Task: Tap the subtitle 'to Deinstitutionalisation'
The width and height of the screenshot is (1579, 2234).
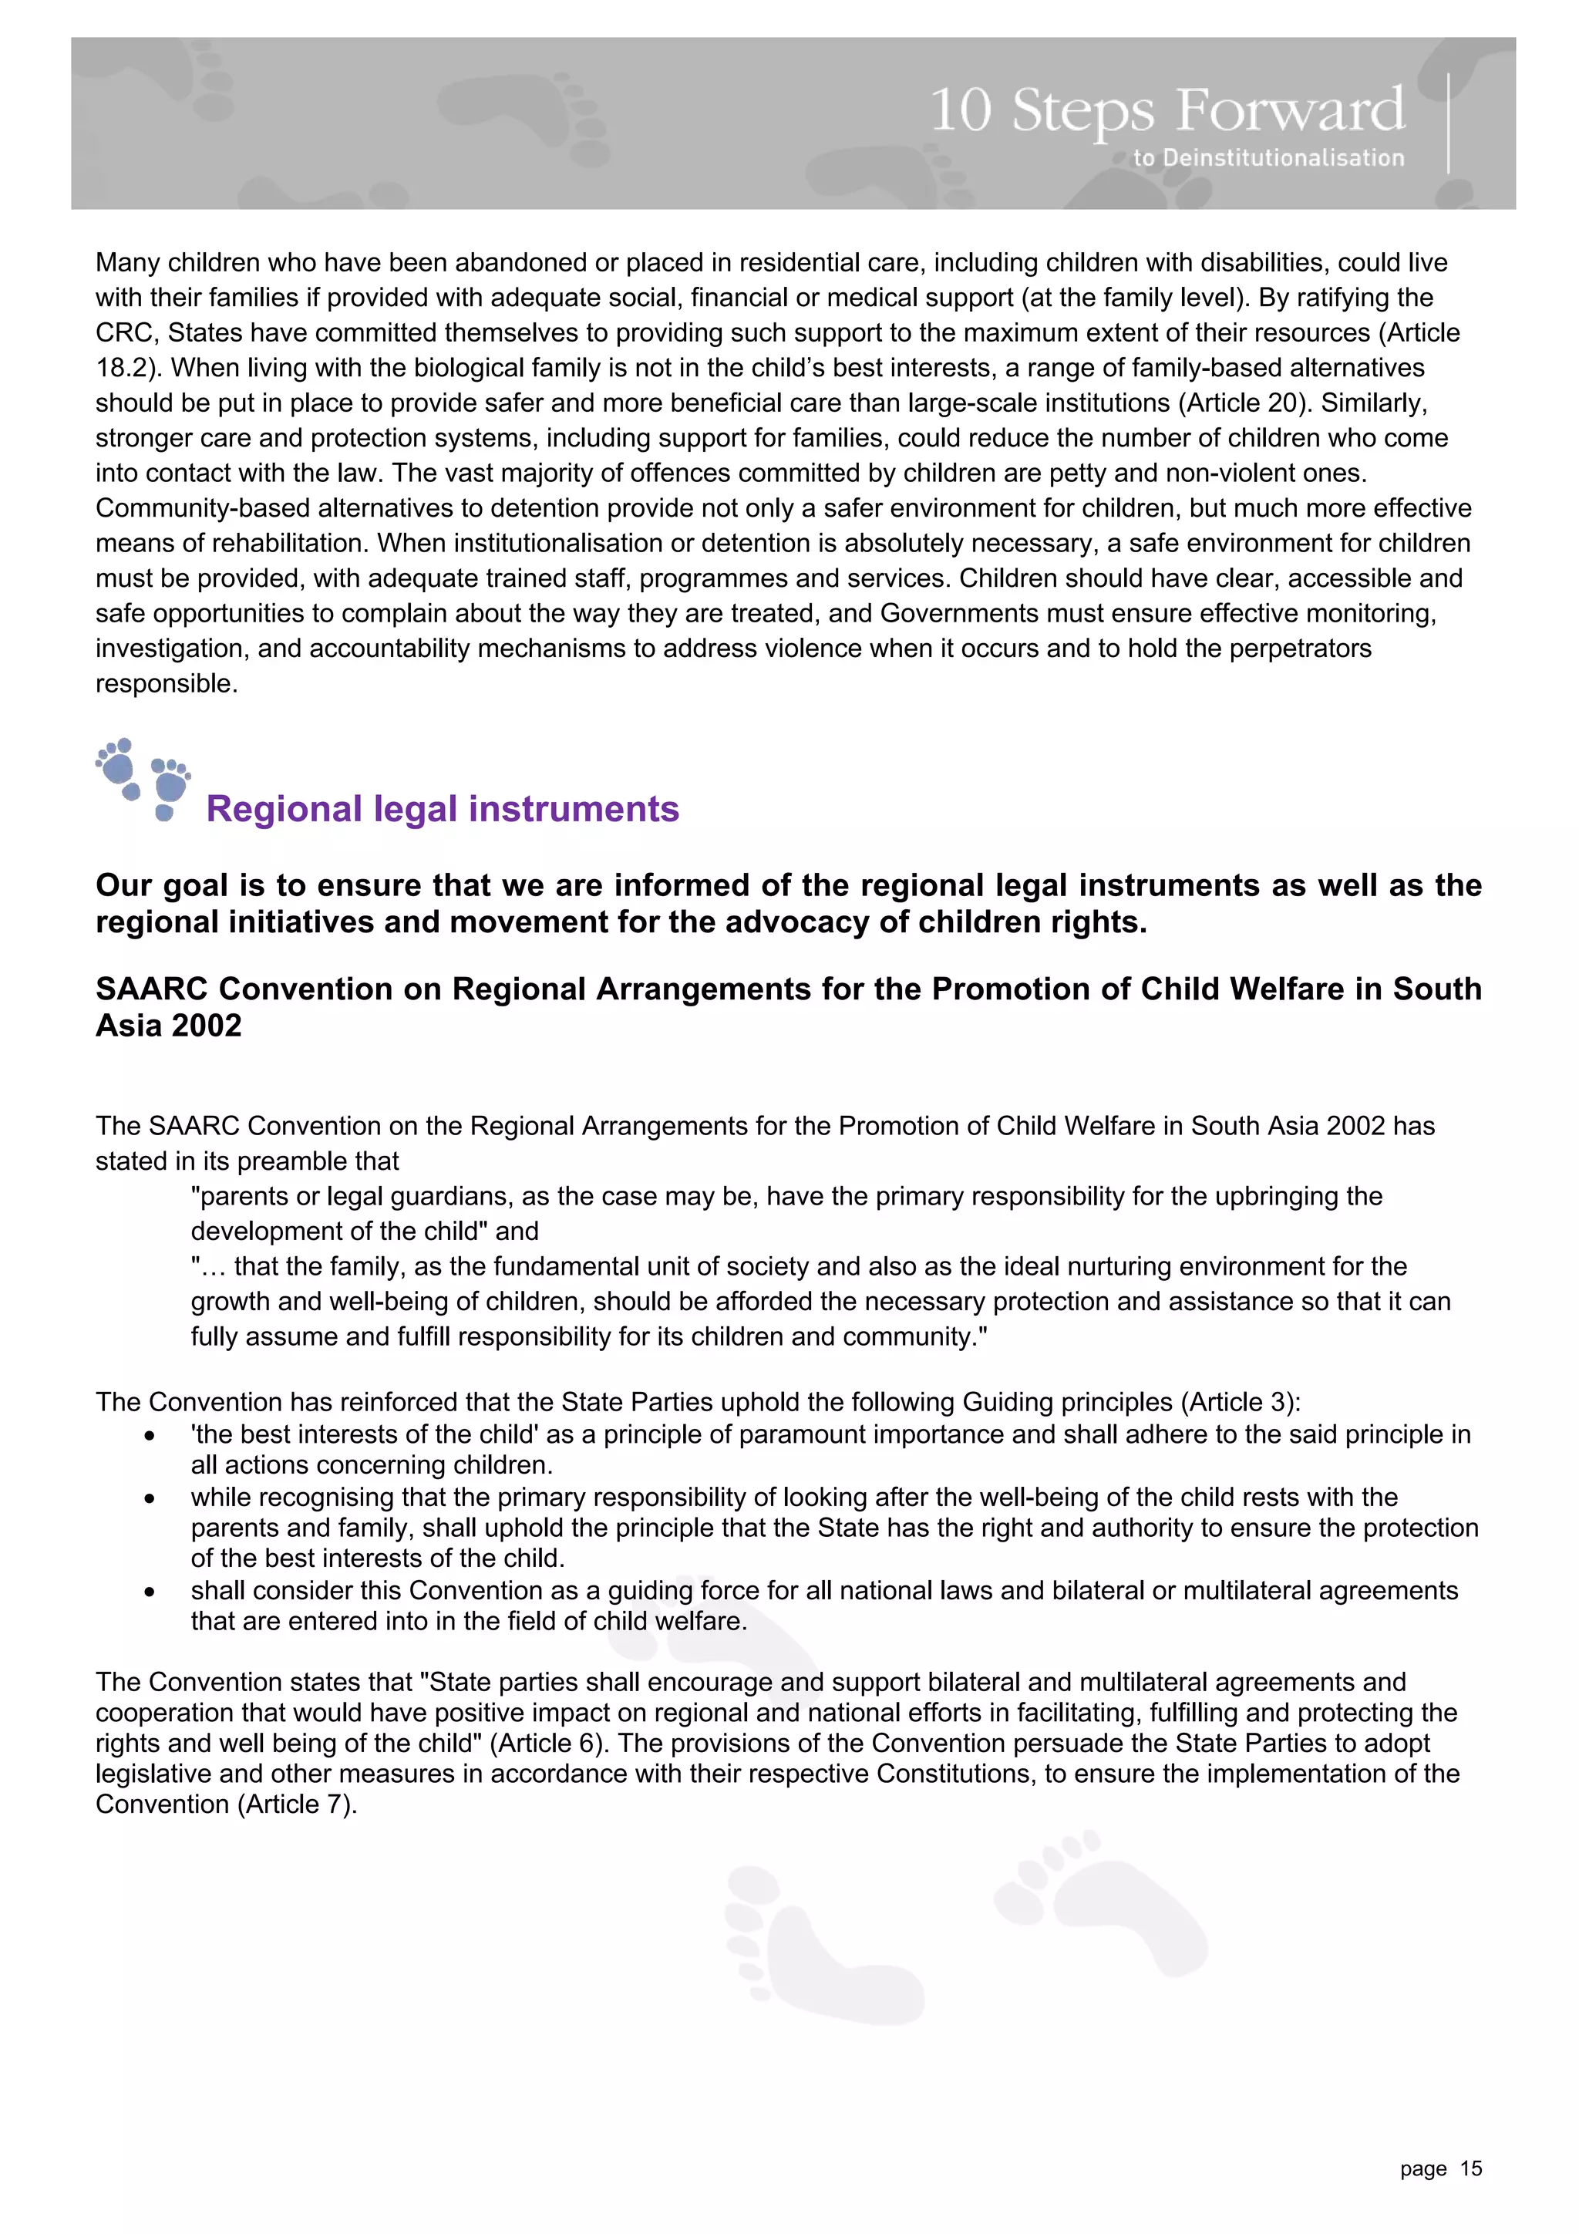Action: pyautogui.click(x=1268, y=157)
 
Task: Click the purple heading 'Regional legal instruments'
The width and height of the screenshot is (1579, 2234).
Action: pyautogui.click(x=443, y=809)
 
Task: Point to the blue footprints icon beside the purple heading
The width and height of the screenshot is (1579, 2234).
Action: pyautogui.click(x=144, y=780)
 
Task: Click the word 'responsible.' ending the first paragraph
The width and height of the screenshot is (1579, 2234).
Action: pyautogui.click(x=167, y=683)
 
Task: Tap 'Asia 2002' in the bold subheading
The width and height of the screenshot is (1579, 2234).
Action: pyautogui.click(x=168, y=1026)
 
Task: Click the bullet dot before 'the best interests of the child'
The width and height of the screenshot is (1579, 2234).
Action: pyautogui.click(x=149, y=1436)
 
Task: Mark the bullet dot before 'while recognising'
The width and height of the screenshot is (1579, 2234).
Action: pyautogui.click(x=149, y=1498)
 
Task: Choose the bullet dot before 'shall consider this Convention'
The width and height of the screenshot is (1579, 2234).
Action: pyautogui.click(x=149, y=1592)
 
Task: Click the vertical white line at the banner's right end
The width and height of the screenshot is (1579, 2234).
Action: pyautogui.click(x=1449, y=123)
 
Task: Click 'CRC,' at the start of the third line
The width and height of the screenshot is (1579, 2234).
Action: pyautogui.click(x=127, y=333)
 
